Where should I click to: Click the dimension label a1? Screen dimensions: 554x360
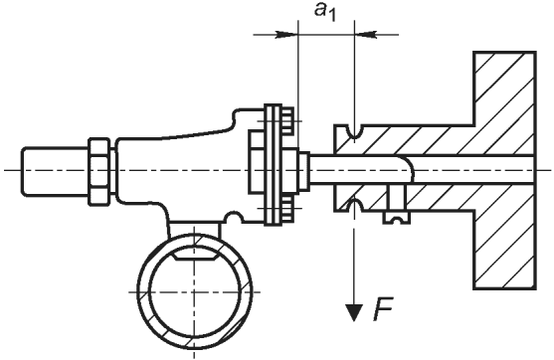[x=325, y=12]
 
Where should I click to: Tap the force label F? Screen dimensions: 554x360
[x=384, y=310]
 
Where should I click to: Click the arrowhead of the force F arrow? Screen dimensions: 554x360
[x=354, y=312]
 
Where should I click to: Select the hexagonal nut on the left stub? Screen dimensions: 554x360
[x=99, y=171]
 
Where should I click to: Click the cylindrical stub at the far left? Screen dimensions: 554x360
[x=56, y=171]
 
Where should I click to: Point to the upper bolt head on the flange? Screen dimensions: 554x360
[x=287, y=120]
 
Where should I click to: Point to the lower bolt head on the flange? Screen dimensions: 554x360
[x=287, y=209]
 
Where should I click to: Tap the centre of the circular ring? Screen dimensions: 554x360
[x=195, y=292]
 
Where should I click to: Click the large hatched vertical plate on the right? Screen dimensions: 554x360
[x=504, y=170]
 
